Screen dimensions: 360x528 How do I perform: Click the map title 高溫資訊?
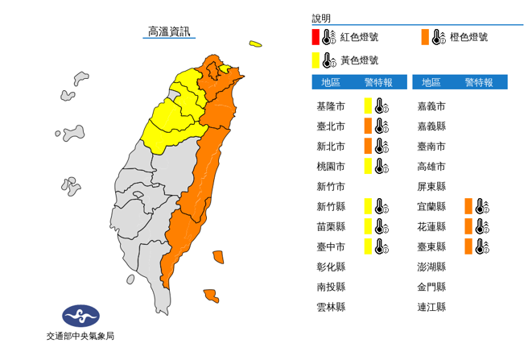point(169,32)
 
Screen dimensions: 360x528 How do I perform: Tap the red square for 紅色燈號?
point(316,37)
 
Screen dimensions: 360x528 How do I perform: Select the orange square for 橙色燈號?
point(424,37)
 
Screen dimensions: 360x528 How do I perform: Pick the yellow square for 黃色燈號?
point(316,60)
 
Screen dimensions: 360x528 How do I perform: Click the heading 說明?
point(321,19)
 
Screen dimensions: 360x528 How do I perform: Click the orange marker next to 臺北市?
point(367,126)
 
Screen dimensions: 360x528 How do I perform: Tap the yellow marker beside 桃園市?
point(367,166)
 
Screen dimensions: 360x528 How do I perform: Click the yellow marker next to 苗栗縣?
point(367,226)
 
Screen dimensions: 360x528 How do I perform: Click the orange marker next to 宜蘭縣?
point(467,206)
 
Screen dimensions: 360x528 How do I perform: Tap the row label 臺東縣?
point(431,246)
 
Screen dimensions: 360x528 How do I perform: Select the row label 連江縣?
point(431,307)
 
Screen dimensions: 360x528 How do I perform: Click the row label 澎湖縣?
point(431,267)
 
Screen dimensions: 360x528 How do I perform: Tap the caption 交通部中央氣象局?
point(80,336)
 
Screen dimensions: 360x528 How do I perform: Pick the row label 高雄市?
point(431,166)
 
